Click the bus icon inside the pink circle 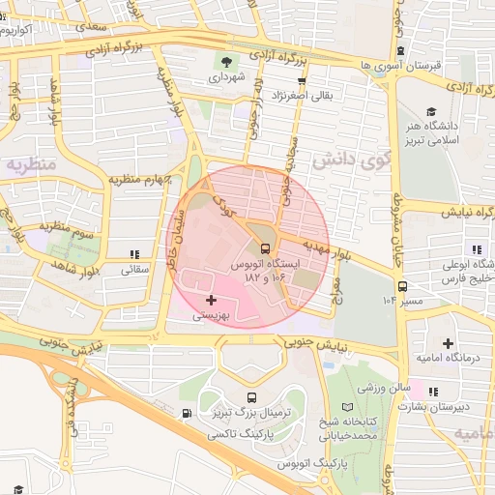265,247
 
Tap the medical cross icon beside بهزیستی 212,302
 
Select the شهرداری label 229,75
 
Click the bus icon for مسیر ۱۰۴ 401,285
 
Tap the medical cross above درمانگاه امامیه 447,343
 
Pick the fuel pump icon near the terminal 185,415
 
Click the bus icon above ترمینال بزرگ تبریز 252,397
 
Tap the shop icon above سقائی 132,254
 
